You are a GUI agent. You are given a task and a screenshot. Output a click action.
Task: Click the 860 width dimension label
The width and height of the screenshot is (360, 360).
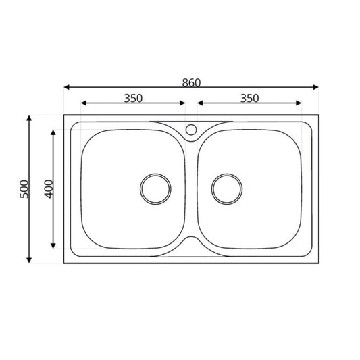coord(191,82)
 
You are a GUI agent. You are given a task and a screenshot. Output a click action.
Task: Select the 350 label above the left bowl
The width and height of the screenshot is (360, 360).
coord(133,98)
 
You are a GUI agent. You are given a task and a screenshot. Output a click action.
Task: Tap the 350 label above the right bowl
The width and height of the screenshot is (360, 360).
coord(249,98)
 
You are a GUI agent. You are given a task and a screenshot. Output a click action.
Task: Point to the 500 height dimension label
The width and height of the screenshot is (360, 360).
coord(24,189)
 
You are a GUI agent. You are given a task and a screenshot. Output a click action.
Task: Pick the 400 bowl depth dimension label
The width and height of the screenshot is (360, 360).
coord(49,189)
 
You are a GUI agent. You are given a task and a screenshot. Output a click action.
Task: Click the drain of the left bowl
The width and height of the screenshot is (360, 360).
coord(155,188)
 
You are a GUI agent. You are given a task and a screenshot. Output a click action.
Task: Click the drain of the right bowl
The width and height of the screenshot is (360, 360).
coord(227,188)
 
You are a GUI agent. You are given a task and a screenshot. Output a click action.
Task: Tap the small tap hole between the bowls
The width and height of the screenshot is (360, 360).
coord(191,130)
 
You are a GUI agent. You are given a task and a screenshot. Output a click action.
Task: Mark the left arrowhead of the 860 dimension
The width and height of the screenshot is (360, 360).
coord(67,87)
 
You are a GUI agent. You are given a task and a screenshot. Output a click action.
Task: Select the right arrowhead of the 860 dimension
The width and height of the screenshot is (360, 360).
coord(316,87)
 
